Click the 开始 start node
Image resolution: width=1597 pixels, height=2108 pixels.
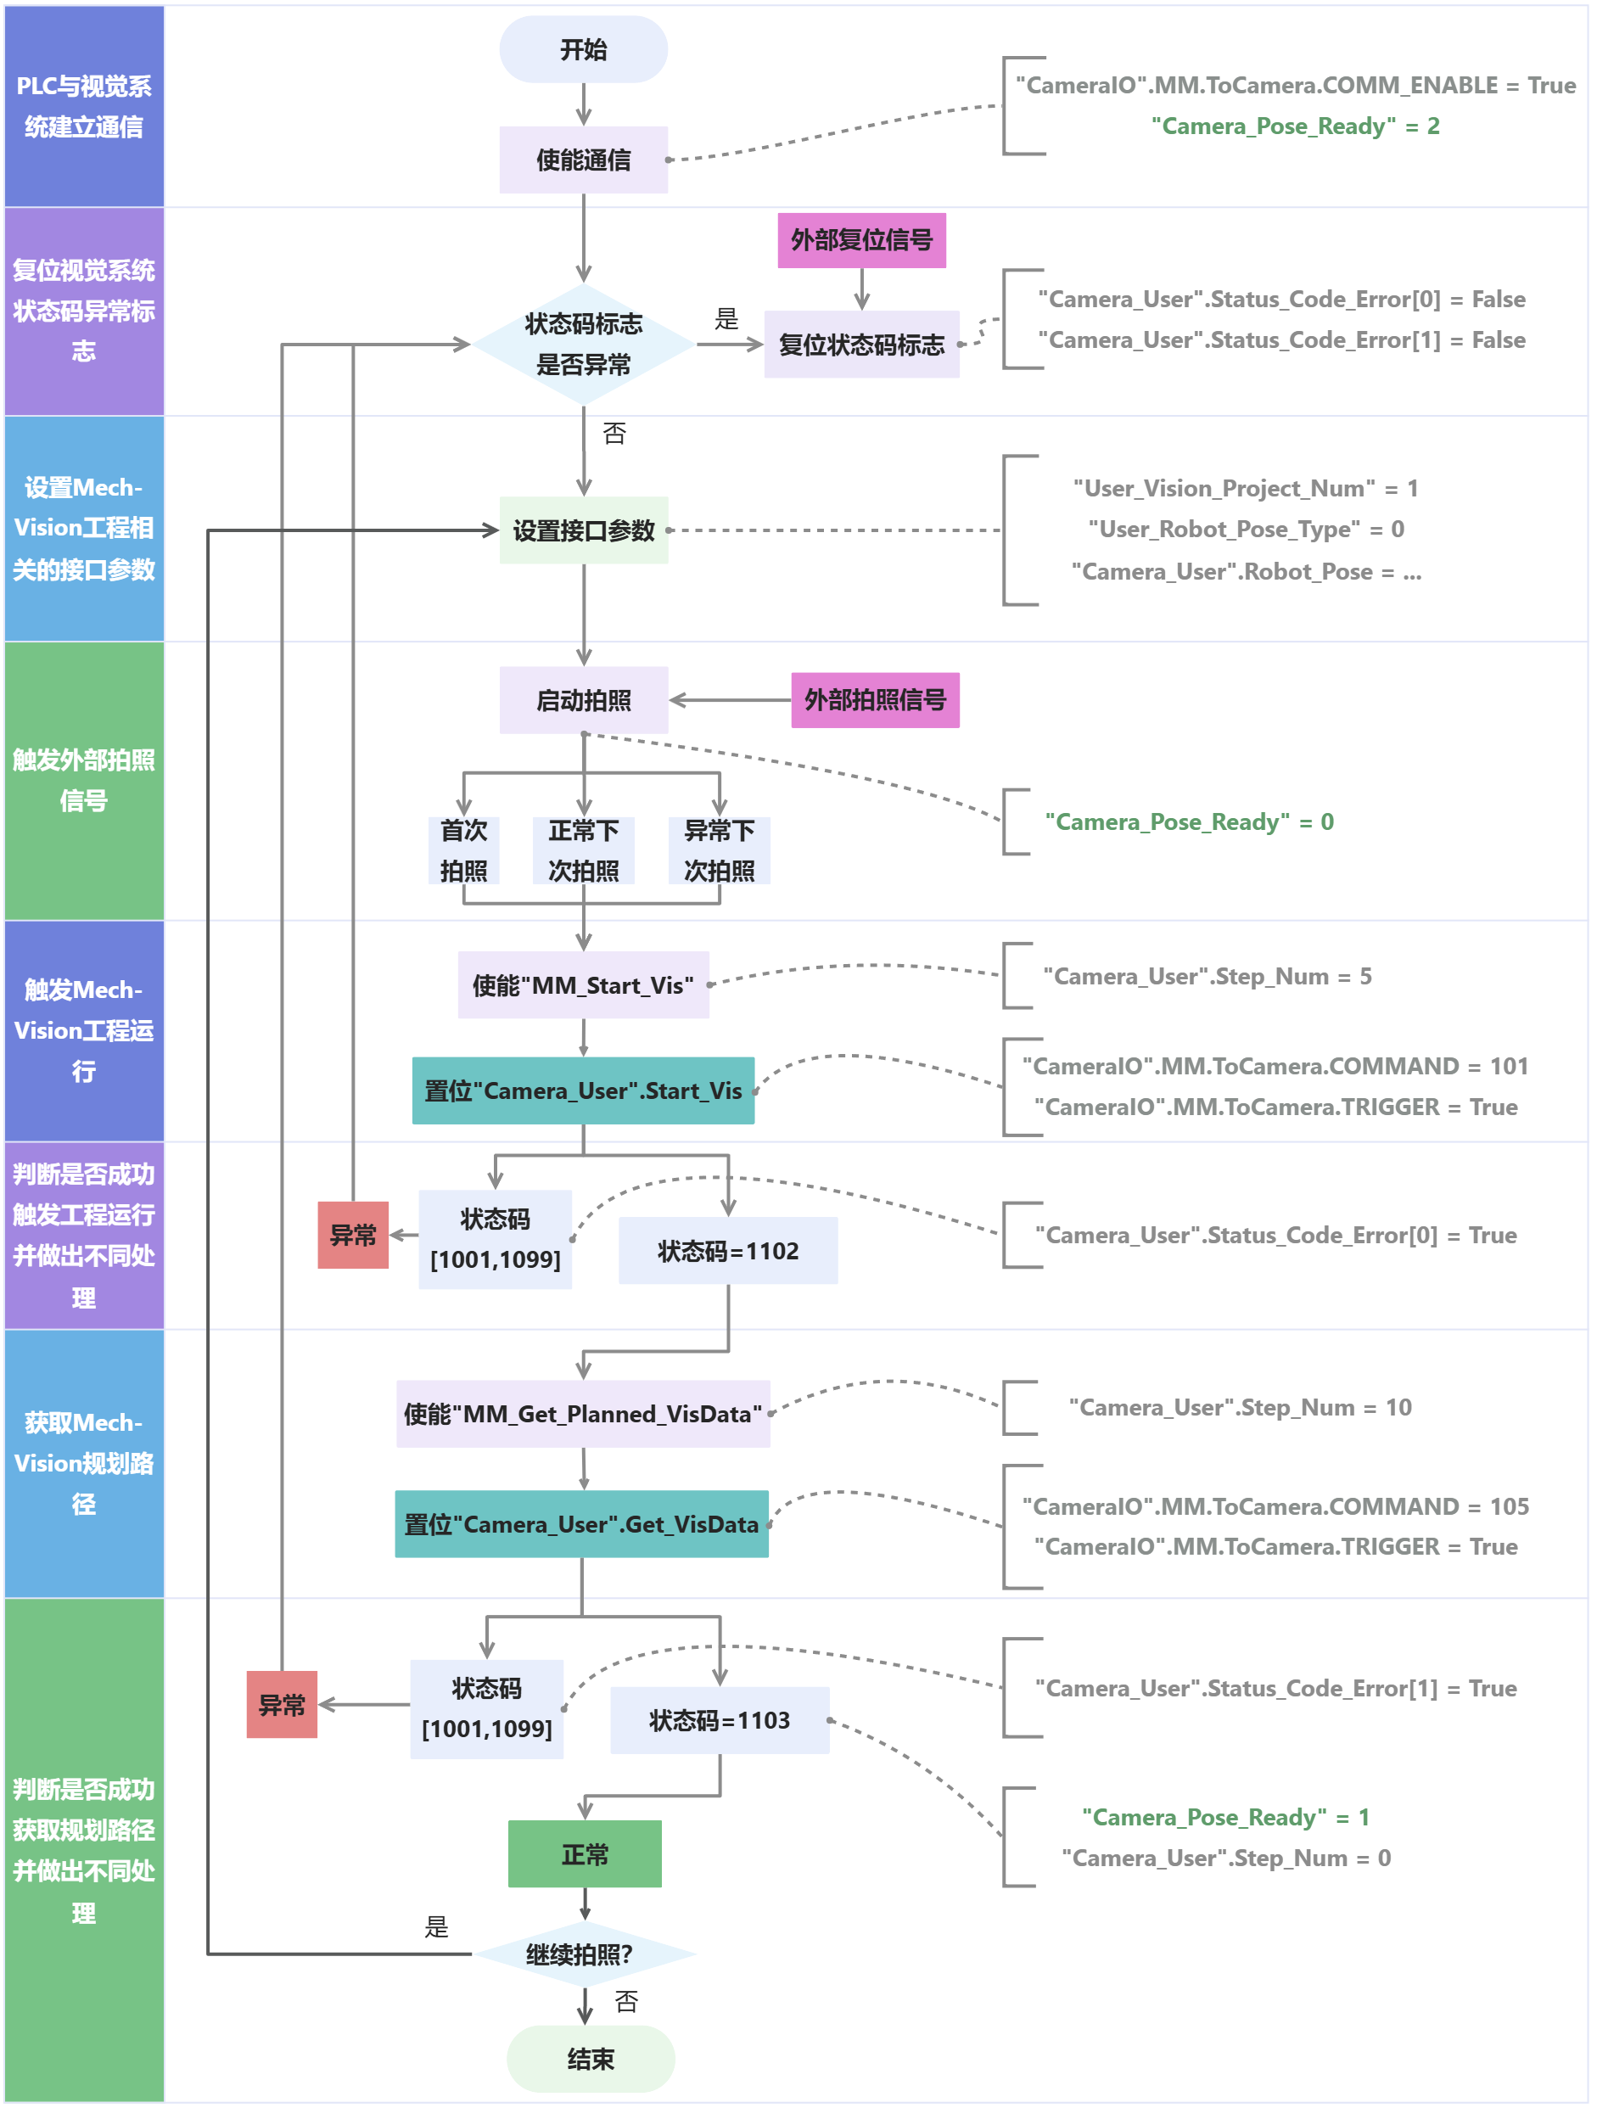point(583,49)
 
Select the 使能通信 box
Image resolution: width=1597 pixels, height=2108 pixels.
point(583,160)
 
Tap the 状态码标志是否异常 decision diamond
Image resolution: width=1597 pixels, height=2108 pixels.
point(583,344)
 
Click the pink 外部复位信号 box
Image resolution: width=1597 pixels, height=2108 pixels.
point(861,240)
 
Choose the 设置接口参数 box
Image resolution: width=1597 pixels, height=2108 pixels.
point(583,530)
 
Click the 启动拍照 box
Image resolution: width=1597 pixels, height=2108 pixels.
point(583,700)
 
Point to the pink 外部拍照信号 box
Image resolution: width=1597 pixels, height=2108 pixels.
point(875,700)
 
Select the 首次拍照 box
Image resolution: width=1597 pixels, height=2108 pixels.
point(464,850)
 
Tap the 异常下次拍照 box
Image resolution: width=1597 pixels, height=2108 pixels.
point(720,850)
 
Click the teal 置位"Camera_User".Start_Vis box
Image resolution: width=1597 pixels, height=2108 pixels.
point(583,1090)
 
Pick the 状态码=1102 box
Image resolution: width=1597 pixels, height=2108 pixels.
point(728,1250)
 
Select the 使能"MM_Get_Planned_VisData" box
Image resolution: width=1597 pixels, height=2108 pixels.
point(583,1413)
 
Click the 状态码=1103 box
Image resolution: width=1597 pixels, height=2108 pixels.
point(720,1720)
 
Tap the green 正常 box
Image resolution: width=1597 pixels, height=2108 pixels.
point(585,1854)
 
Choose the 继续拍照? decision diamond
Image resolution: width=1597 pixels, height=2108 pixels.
point(583,1954)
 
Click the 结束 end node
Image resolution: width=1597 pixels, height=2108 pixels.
point(591,2060)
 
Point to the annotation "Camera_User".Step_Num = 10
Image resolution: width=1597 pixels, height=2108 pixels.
point(1240,1408)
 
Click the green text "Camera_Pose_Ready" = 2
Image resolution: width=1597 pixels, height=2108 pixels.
point(1295,126)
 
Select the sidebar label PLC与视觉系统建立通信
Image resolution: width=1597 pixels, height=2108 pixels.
point(84,106)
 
